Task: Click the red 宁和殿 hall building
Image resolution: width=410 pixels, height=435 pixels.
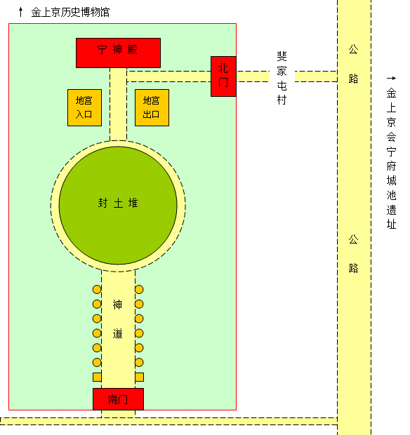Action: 118,53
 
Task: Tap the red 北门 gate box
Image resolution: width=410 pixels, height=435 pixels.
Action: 223,76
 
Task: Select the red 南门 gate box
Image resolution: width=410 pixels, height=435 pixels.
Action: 118,399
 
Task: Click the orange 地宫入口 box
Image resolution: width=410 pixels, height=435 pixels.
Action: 84,107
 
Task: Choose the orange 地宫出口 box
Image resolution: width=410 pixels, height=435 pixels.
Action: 152,107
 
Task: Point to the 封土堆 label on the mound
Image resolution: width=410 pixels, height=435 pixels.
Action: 118,203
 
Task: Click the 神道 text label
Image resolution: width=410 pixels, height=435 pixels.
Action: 118,319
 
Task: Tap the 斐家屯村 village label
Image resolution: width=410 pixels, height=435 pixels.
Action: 282,77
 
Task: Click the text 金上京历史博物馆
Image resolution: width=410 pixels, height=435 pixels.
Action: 70,12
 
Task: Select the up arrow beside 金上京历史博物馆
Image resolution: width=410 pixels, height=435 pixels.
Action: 21,12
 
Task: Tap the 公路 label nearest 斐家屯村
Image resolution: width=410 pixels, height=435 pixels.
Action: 354,64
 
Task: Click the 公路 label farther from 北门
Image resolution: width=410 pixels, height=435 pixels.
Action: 354,253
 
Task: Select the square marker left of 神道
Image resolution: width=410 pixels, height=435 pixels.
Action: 97,377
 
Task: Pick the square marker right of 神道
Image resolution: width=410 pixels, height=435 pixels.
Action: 139,377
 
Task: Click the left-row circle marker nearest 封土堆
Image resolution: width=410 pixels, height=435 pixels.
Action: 97,289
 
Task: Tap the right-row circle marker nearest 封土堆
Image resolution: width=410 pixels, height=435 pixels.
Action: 139,289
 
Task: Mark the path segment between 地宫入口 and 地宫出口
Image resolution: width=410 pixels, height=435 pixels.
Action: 118,107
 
